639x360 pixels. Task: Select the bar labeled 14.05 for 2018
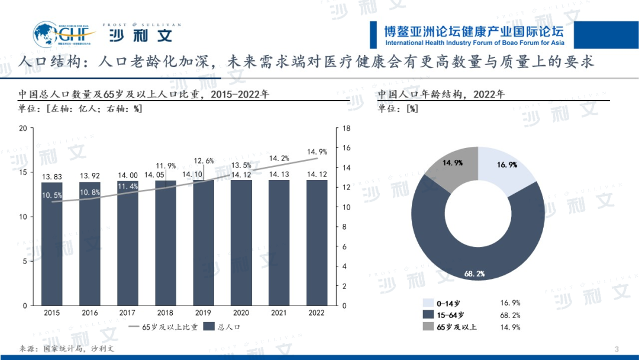166,249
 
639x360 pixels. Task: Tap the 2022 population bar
317,249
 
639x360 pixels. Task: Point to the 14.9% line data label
317,152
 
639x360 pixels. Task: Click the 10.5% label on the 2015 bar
52,195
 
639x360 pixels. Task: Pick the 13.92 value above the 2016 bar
90,176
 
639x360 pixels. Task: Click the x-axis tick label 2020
241,313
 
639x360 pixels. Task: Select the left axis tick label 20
23,128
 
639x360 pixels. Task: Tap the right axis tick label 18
347,128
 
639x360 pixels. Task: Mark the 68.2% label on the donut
475,274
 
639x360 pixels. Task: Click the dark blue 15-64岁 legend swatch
428,315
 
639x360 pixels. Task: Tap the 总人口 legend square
208,327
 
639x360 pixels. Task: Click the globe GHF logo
46,34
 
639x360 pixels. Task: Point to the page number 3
617,348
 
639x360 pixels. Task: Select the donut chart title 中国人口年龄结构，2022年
441,94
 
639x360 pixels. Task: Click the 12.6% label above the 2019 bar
204,160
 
